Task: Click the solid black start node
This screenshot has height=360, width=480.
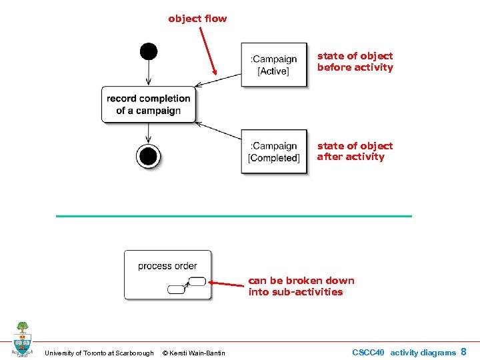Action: point(149,51)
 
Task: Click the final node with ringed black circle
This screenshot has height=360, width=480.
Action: point(148,157)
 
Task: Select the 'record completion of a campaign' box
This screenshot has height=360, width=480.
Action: point(149,105)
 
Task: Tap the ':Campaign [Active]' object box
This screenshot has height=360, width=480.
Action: point(274,65)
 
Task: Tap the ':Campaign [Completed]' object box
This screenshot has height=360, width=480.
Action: point(274,151)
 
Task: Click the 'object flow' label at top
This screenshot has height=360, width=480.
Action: point(197,19)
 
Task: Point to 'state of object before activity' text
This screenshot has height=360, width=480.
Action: point(355,61)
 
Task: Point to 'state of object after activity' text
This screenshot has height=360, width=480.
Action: point(355,151)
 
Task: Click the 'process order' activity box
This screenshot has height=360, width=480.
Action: point(167,274)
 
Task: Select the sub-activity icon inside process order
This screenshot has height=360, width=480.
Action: point(187,285)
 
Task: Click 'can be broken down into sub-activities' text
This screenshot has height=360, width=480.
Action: point(301,286)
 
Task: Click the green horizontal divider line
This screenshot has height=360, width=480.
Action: point(234,216)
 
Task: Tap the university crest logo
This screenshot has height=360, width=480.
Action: point(22,339)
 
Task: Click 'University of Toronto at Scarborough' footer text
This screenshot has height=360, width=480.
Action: point(99,353)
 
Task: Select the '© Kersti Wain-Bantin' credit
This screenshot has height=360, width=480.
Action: point(194,353)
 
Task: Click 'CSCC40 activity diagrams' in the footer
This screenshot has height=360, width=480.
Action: point(404,352)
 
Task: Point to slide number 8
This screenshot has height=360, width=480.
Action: point(464,351)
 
